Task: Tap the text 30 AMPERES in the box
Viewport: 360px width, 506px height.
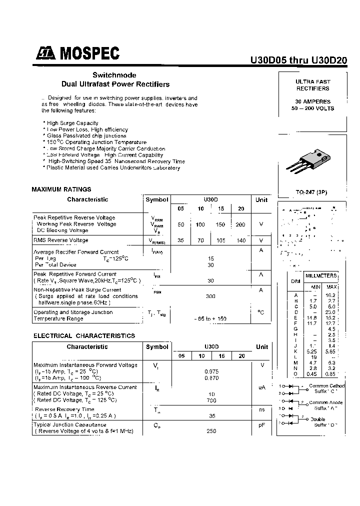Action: click(x=312, y=101)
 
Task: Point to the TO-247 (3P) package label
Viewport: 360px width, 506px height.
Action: click(x=312, y=192)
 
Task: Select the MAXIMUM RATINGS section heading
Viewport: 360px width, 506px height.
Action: click(x=61, y=189)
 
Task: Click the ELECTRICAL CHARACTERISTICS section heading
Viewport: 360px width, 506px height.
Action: click(x=84, y=336)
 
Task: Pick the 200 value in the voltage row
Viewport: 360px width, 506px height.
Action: click(x=240, y=224)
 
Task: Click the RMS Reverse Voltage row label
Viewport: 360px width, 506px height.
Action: click(x=60, y=240)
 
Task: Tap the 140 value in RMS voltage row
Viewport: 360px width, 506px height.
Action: click(x=241, y=240)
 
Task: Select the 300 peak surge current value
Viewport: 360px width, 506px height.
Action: click(x=210, y=296)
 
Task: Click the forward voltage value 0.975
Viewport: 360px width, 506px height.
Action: click(x=210, y=371)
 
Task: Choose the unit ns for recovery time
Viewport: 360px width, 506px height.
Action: click(x=261, y=409)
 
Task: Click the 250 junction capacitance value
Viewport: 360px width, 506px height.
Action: click(x=210, y=430)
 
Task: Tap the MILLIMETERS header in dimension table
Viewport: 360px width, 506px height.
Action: click(x=321, y=276)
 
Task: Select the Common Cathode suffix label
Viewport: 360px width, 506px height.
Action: click(x=326, y=386)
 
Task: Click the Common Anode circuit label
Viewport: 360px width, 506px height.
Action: click(x=326, y=402)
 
